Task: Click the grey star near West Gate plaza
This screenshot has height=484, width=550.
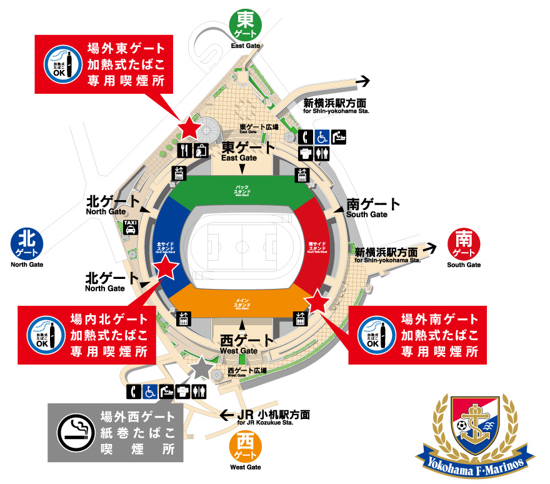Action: point(202,368)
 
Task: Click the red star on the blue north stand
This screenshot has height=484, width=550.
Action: point(166,268)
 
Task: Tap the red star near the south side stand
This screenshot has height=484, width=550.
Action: point(317,301)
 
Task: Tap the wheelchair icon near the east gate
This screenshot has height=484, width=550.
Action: point(322,136)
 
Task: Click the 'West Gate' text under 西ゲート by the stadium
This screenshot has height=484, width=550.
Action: point(239,351)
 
